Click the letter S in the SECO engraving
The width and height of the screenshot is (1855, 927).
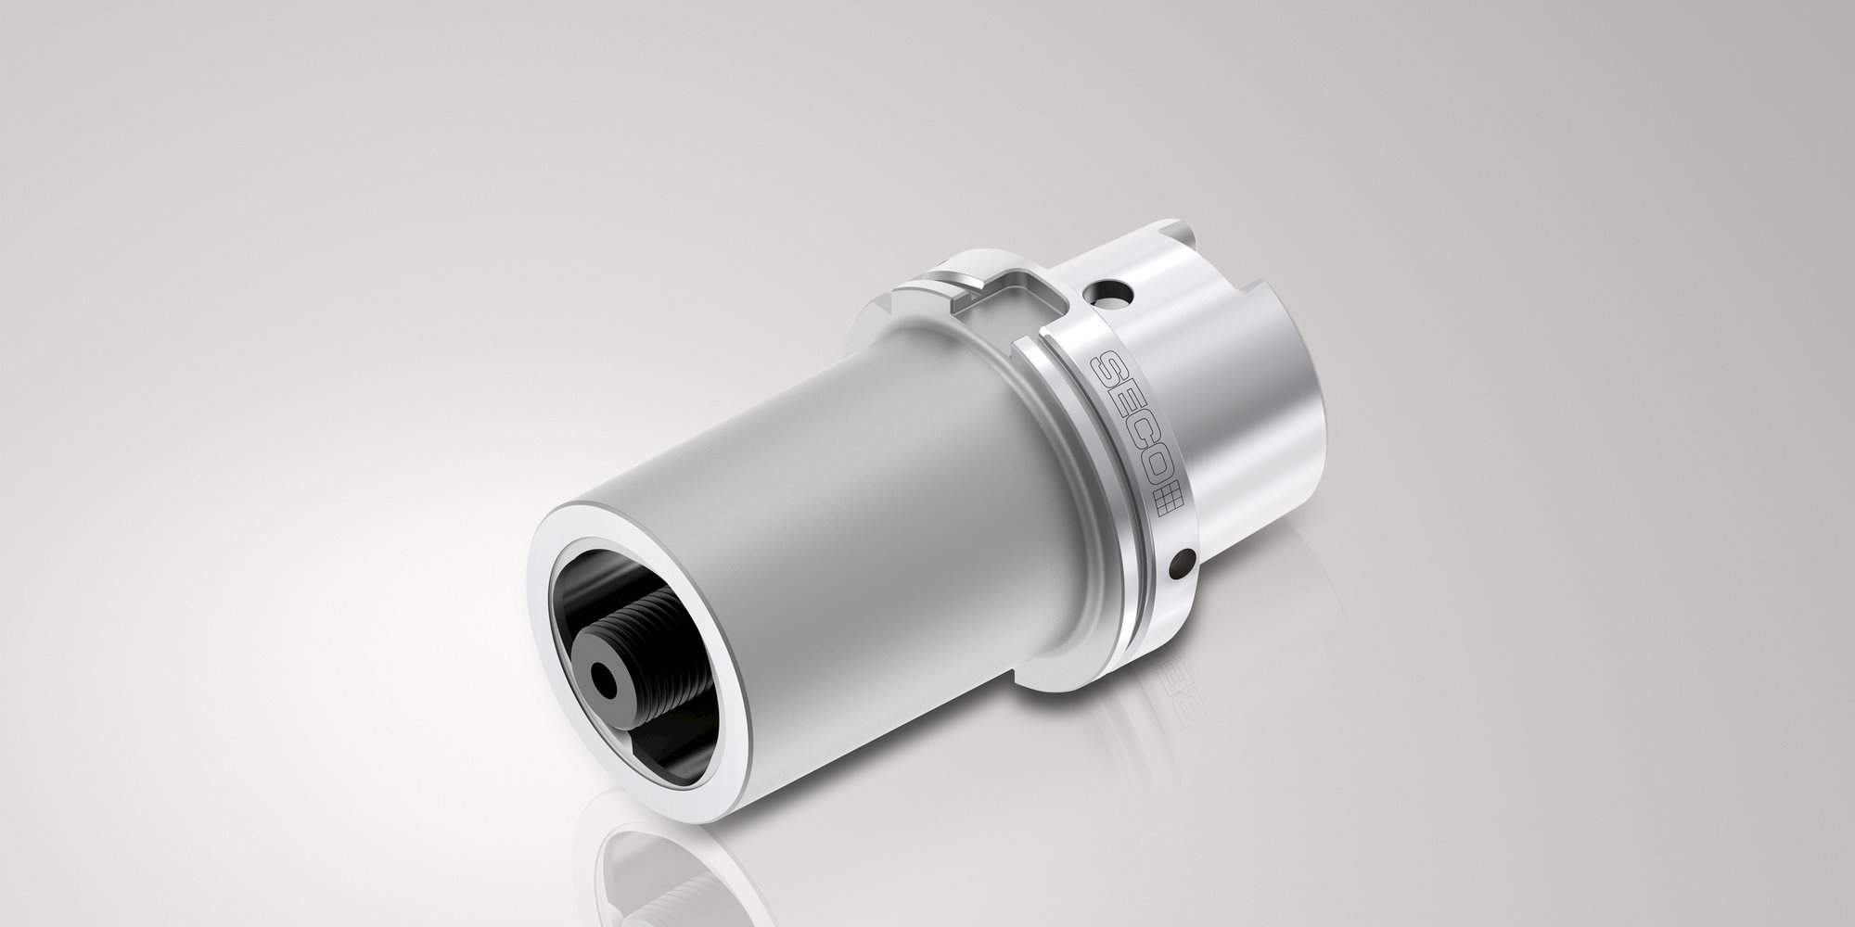[x=1112, y=369]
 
